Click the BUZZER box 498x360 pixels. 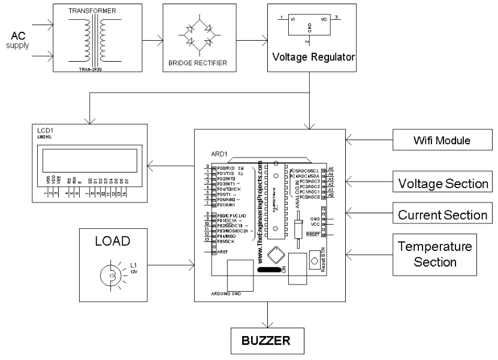pos(267,341)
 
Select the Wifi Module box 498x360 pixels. pos(442,141)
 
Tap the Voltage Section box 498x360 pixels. pos(442,183)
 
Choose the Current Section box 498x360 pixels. pos(442,214)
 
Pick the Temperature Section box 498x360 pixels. pos(442,254)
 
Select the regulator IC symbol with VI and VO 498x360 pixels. pos(306,24)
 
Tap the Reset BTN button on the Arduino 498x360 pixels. pos(313,262)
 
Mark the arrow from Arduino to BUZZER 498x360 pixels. pos(267,317)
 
